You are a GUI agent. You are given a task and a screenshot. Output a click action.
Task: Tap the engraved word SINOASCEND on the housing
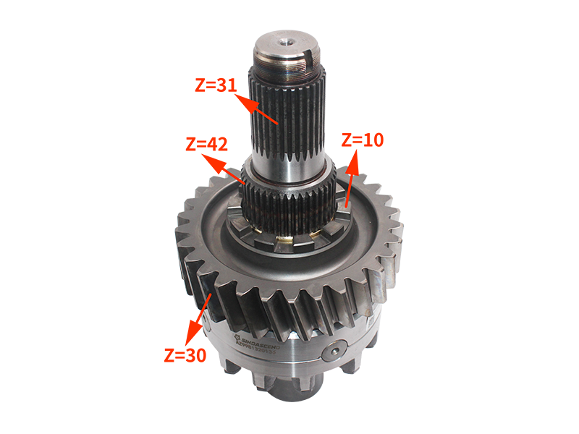tap(261, 344)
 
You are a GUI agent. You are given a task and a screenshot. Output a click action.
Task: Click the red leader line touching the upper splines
tap(265, 113)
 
